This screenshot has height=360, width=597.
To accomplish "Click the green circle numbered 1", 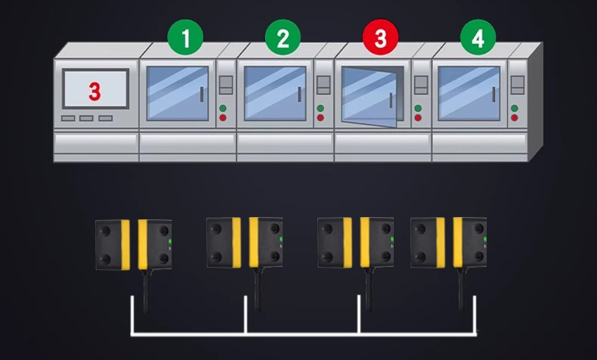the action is (185, 37).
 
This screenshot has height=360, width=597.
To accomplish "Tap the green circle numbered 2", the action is (283, 37).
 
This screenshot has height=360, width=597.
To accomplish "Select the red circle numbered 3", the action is (380, 37).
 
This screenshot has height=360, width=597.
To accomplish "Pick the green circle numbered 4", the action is (478, 37).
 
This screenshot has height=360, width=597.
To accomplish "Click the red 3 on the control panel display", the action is (94, 92).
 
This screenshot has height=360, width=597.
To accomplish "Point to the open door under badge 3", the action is (370, 96).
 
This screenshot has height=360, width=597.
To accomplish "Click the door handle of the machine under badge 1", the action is (202, 95).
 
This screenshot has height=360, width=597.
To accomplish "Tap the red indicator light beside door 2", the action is (320, 118).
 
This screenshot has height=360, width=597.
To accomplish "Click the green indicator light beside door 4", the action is (515, 108).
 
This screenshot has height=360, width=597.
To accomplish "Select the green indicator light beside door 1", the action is (223, 108).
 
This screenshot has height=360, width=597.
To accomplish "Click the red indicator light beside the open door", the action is (418, 118).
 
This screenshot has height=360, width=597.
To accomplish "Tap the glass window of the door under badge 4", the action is (469, 93).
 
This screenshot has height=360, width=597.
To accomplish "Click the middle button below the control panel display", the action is (86, 119).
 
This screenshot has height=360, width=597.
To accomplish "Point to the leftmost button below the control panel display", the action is (68, 119).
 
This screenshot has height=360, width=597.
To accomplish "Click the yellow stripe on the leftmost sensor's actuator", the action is (125, 244).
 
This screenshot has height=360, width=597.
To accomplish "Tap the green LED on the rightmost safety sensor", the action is (485, 239).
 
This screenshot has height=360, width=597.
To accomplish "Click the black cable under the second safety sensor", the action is (258, 289).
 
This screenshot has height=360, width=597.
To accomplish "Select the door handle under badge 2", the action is (300, 95).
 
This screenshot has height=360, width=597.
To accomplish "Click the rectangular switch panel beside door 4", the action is (518, 85).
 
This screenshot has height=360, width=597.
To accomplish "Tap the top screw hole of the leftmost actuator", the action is (105, 231).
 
